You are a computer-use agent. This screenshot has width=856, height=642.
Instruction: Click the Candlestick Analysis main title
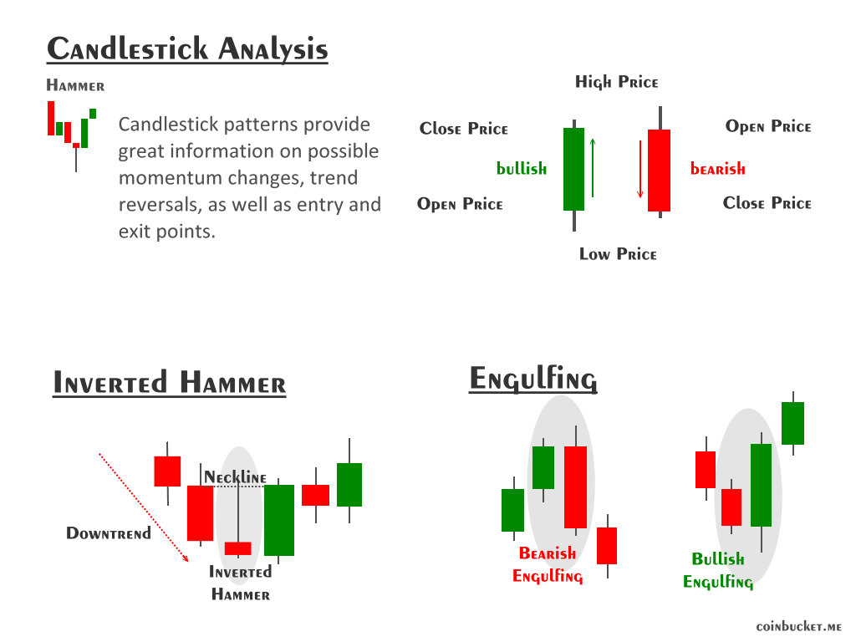[x=187, y=48]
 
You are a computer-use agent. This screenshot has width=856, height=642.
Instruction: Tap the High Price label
[x=617, y=82]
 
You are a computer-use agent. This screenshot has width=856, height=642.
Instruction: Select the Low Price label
[x=618, y=254]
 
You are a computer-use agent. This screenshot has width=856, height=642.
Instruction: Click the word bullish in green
[x=522, y=169]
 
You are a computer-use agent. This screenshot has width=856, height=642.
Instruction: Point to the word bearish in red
[x=717, y=169]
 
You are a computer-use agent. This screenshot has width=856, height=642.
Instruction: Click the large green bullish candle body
[x=573, y=169]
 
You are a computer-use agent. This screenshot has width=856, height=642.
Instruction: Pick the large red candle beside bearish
[x=659, y=171]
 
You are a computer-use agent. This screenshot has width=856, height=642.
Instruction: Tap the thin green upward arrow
[x=593, y=167]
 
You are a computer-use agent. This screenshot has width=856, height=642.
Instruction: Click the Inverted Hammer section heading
[x=169, y=384]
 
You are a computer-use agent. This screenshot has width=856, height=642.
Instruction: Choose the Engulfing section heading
[x=532, y=379]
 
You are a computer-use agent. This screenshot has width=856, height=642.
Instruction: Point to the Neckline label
[x=236, y=477]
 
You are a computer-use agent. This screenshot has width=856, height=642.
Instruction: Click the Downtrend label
[x=109, y=533]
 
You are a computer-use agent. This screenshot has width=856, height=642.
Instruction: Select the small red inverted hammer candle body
[x=238, y=548]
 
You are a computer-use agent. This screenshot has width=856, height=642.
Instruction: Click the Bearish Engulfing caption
[x=548, y=564]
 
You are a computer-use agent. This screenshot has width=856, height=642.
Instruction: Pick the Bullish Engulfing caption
[x=718, y=570]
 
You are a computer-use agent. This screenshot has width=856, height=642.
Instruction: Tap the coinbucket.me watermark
[x=798, y=626]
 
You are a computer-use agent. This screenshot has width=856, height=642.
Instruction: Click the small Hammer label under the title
[x=75, y=85]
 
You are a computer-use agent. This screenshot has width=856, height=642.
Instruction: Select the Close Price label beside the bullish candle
[x=464, y=129]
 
